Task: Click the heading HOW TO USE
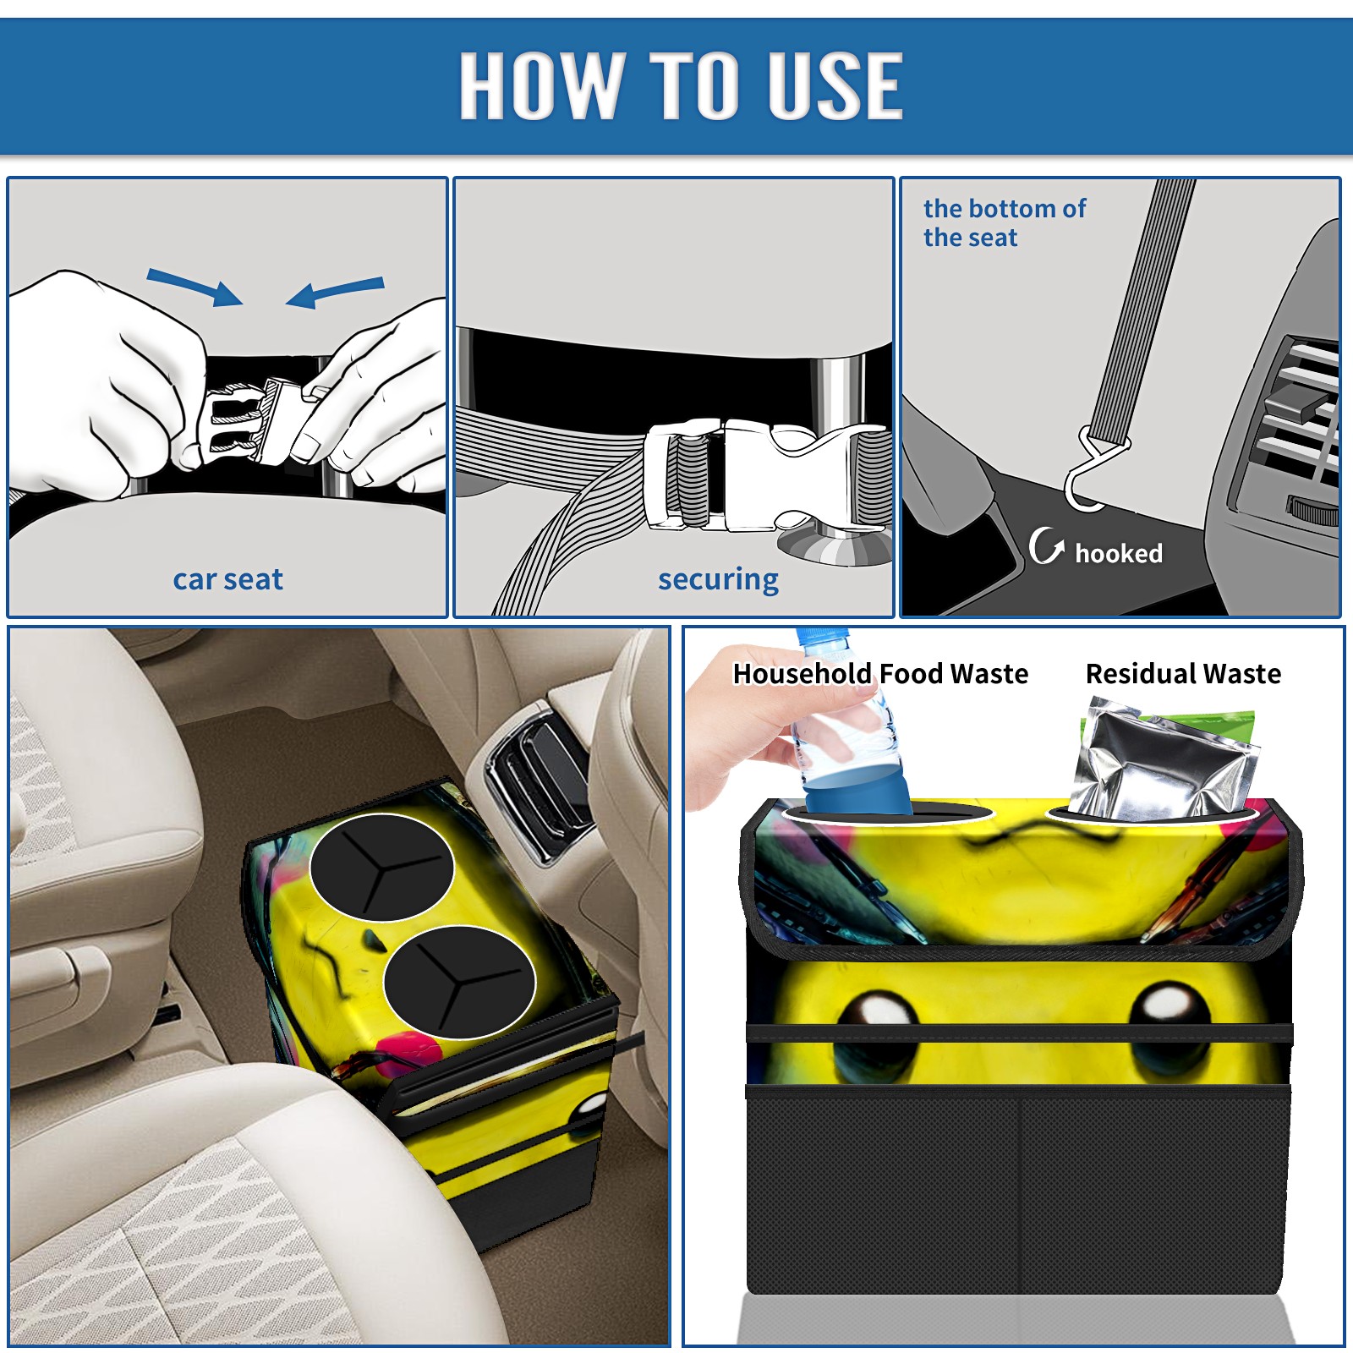(x=681, y=85)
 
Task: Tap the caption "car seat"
(x=227, y=579)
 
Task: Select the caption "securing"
(x=718, y=579)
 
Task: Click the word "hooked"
(x=1119, y=553)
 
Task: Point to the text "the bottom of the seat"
(x=1004, y=222)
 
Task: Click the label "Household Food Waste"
(x=880, y=673)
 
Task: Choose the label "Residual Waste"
(x=1183, y=673)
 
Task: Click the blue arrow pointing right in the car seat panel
(x=194, y=287)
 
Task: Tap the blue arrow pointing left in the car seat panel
(x=335, y=293)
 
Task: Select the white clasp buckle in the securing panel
(x=761, y=475)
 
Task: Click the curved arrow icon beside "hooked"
(x=1046, y=546)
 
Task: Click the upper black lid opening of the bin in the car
(x=382, y=867)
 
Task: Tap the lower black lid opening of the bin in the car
(x=459, y=982)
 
